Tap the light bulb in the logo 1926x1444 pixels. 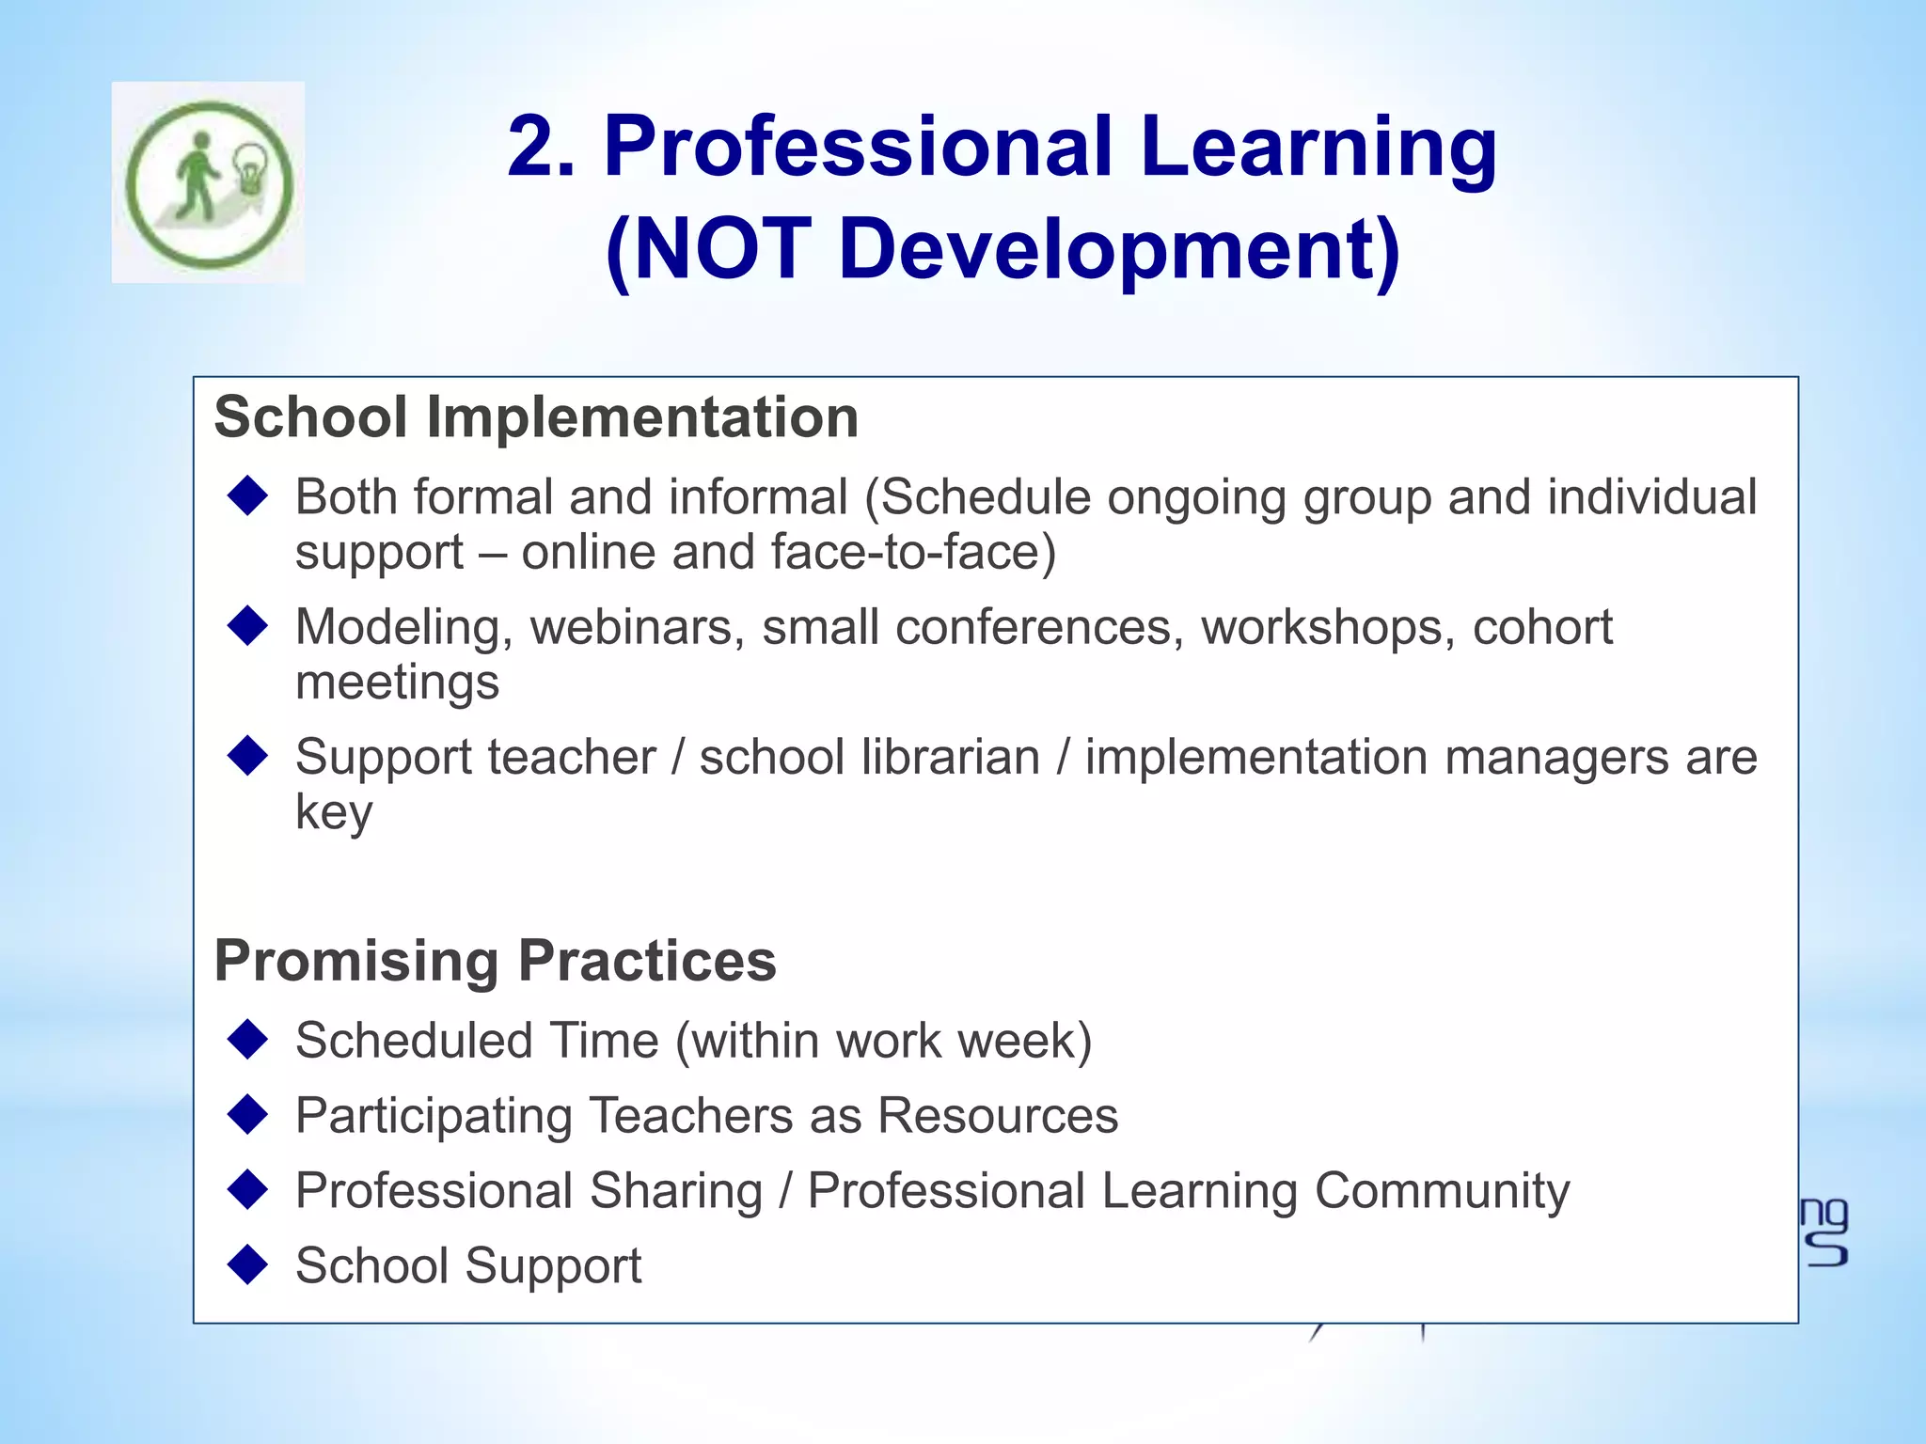click(x=249, y=167)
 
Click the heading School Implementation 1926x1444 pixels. click(x=536, y=416)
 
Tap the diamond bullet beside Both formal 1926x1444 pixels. click(x=248, y=495)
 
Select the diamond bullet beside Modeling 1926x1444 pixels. click(x=248, y=625)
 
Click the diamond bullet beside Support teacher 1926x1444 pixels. click(x=248, y=756)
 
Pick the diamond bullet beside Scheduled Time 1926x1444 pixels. click(x=248, y=1040)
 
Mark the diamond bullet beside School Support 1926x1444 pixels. click(x=248, y=1264)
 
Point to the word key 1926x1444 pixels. click(x=334, y=812)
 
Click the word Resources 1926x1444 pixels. click(x=998, y=1116)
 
